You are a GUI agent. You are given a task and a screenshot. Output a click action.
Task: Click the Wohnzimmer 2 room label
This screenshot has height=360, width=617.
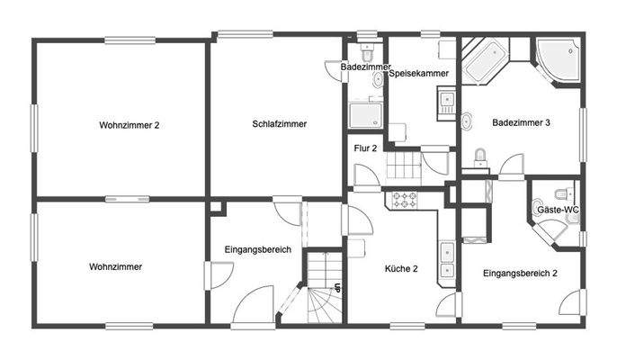[x=129, y=125]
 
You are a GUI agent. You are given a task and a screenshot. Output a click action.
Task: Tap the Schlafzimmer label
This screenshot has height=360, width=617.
[x=280, y=125]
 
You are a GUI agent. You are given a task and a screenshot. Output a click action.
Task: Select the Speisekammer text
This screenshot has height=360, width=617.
[x=420, y=74]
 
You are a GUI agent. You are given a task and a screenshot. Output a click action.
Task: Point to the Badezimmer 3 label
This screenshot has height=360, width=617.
[x=521, y=123]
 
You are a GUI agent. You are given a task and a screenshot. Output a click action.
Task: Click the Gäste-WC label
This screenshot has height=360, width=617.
[x=558, y=210]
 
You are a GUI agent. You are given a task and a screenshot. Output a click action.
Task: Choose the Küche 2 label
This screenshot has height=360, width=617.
[x=402, y=268]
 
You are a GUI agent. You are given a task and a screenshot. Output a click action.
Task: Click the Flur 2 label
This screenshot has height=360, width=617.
[x=365, y=147]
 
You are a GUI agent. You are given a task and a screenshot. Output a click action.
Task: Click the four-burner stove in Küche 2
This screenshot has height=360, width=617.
[x=403, y=201]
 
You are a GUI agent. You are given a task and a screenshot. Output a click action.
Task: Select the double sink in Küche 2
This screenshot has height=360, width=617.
[x=446, y=259]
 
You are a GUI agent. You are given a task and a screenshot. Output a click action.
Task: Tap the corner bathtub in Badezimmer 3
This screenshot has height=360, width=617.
[x=486, y=59]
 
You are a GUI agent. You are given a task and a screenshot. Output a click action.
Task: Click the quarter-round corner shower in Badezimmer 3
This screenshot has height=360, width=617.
[x=558, y=61]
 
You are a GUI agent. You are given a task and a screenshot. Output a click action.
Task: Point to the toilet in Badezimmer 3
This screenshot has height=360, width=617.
[x=480, y=158]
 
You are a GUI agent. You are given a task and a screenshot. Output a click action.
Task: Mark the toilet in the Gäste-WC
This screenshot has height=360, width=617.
[x=563, y=193]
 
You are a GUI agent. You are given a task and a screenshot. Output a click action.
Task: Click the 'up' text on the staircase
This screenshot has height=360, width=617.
[x=336, y=288]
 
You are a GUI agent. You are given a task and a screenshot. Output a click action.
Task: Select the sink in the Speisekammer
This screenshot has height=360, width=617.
[x=444, y=99]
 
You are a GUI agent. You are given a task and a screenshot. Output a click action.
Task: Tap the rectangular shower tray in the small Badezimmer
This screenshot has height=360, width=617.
[x=365, y=115]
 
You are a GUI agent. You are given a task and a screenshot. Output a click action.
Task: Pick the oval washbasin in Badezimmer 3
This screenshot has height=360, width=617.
[x=468, y=121]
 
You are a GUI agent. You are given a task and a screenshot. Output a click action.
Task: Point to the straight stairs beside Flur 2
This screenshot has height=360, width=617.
[x=402, y=166]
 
